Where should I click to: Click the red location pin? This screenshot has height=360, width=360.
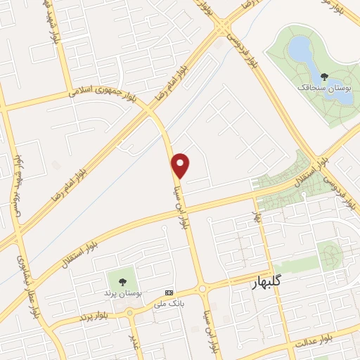(x=181, y=165)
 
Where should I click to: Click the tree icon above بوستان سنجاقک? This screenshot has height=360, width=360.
(x=323, y=76)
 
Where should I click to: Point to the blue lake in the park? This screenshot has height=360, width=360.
(x=300, y=50)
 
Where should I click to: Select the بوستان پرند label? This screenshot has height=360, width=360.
(x=128, y=291)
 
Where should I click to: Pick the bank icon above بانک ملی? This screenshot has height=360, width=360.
(x=168, y=292)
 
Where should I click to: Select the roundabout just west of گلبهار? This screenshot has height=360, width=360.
(x=202, y=288)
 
